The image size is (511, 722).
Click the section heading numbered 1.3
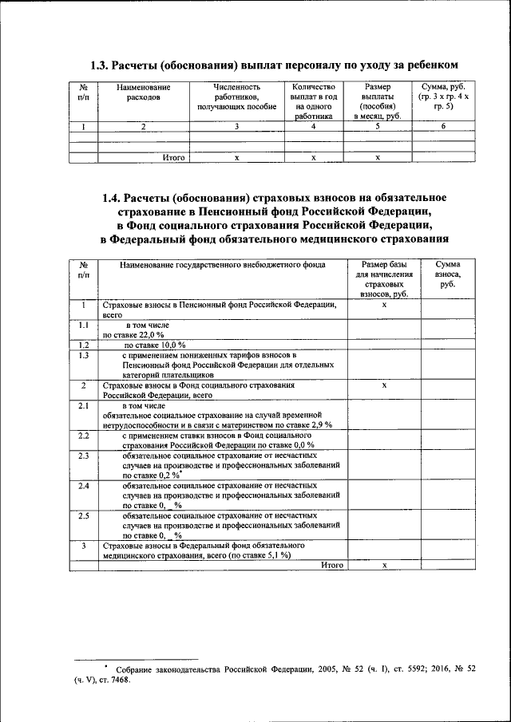[275, 64]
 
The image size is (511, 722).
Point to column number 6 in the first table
[444, 126]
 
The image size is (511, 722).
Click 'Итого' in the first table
[173, 158]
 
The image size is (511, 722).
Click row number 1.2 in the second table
[83, 345]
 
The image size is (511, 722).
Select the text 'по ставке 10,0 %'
[153, 345]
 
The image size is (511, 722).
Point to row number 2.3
[83, 455]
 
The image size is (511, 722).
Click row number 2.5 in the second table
[83, 515]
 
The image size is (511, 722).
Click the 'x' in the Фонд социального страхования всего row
[384, 385]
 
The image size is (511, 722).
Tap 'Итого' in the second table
[332, 565]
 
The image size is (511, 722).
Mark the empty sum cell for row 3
[448, 550]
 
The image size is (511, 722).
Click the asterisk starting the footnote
[105, 664]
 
